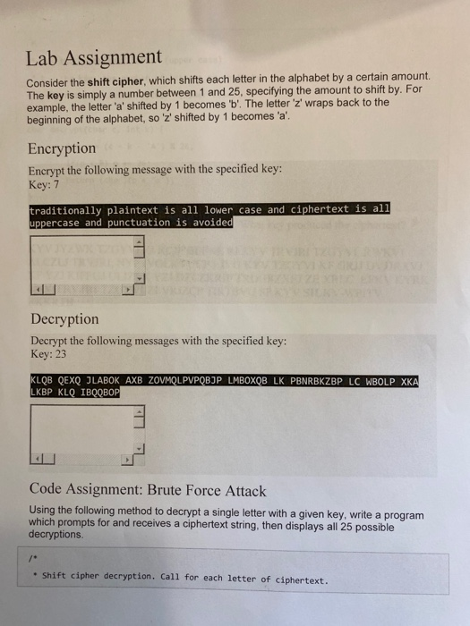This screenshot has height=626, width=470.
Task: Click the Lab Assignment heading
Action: point(93,58)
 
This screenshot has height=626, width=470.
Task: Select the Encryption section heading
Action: point(62,148)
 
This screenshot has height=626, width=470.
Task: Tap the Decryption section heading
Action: point(64,318)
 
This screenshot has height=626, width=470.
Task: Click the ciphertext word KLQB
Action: point(41,379)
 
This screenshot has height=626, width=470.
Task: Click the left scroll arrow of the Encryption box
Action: point(38,290)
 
